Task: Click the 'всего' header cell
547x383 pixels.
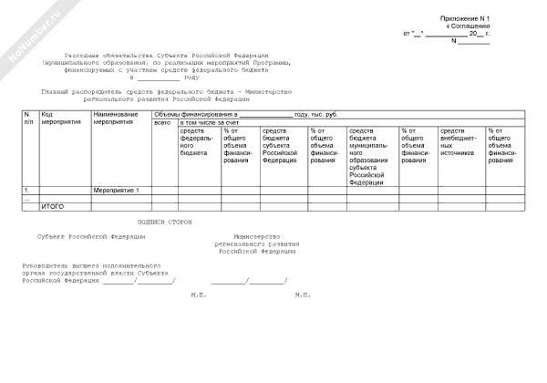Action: [163, 122]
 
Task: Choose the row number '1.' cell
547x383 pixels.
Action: [26, 190]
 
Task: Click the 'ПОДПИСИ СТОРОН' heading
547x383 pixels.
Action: [165, 223]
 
